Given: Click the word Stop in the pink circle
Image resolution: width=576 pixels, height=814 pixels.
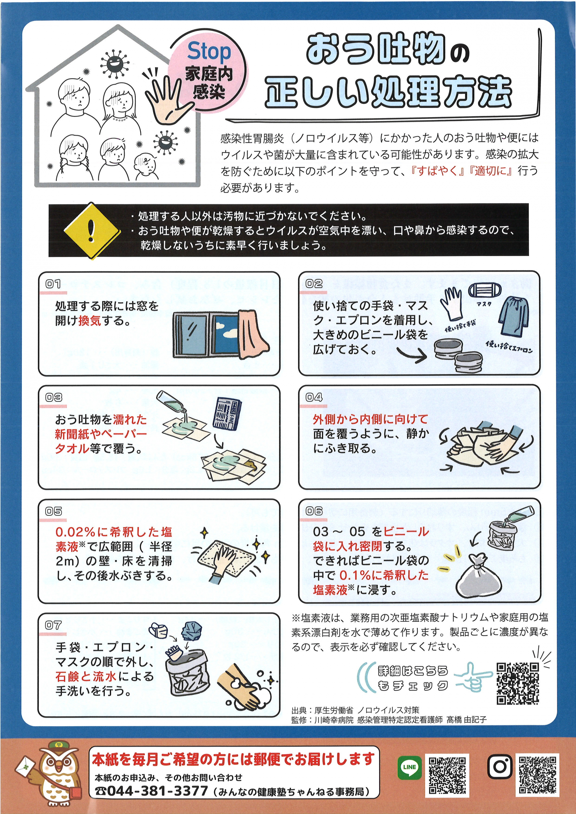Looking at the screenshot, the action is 209,52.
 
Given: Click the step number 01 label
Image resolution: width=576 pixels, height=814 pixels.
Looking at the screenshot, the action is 53,284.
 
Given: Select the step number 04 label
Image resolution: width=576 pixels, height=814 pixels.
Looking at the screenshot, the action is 314,397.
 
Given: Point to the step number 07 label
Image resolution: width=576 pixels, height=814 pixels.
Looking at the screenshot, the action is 53,625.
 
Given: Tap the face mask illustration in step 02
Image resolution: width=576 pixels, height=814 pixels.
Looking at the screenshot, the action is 485,291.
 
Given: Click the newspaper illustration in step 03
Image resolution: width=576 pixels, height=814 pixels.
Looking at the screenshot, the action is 227,413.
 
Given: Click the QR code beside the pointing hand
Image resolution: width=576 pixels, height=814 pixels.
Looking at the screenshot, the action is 518,683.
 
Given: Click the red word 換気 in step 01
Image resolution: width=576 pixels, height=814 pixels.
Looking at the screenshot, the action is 90,321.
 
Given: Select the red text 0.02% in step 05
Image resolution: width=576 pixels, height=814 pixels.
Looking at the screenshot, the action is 75,532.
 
